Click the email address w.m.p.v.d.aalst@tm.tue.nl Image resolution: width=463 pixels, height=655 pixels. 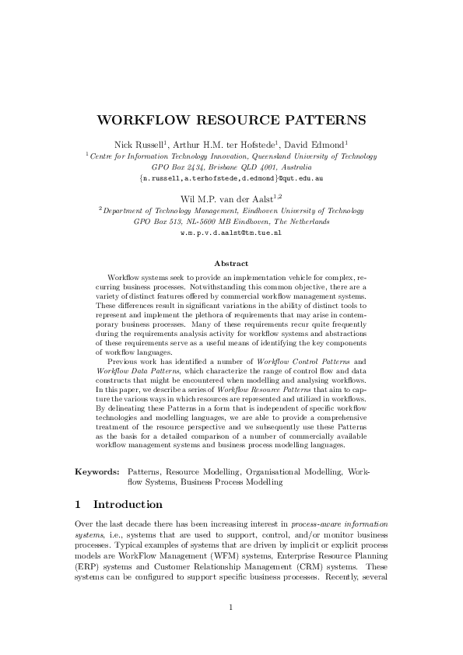(230, 233)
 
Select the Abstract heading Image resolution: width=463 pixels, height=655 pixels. (231, 264)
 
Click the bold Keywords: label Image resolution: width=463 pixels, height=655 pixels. (96, 471)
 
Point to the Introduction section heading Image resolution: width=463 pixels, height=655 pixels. (128, 504)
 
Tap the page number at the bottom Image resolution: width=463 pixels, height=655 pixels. (231, 607)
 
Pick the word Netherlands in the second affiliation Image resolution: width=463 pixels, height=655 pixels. (305, 222)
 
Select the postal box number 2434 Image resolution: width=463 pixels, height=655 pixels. (195, 166)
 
